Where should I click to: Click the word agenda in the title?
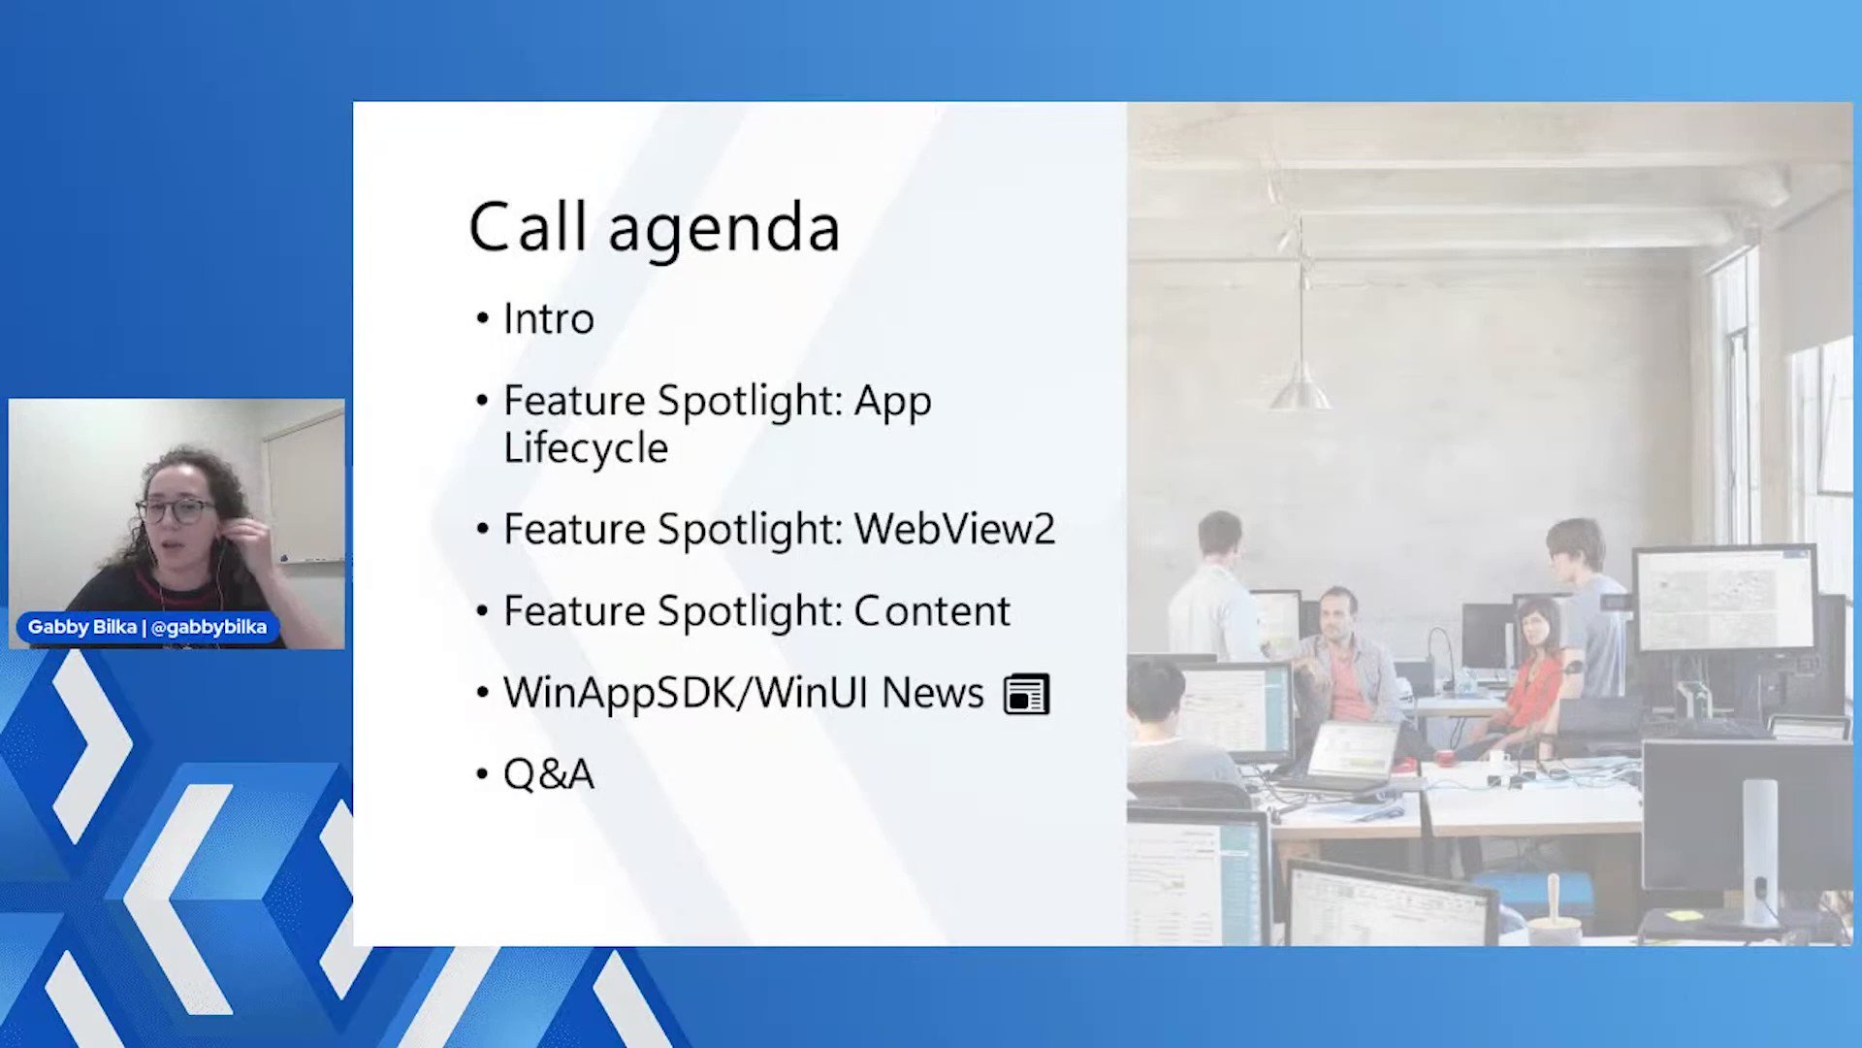pos(723,231)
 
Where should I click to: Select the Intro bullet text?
pos(548,319)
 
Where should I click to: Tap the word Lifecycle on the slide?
pos(586,448)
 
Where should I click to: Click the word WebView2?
pos(954,529)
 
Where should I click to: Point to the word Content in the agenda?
pos(932,611)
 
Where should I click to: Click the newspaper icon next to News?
pos(1026,695)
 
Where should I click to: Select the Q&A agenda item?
pos(548,774)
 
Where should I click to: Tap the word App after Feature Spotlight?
pos(892,401)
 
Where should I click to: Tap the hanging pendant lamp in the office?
pos(1300,388)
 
